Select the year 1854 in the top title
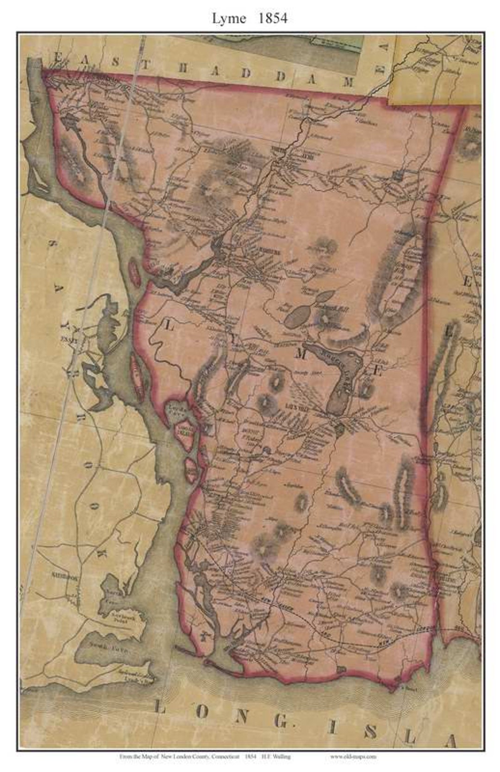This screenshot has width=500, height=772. [x=273, y=18]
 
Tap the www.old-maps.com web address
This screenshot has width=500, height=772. [x=353, y=756]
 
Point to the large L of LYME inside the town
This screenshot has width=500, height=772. [x=169, y=326]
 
